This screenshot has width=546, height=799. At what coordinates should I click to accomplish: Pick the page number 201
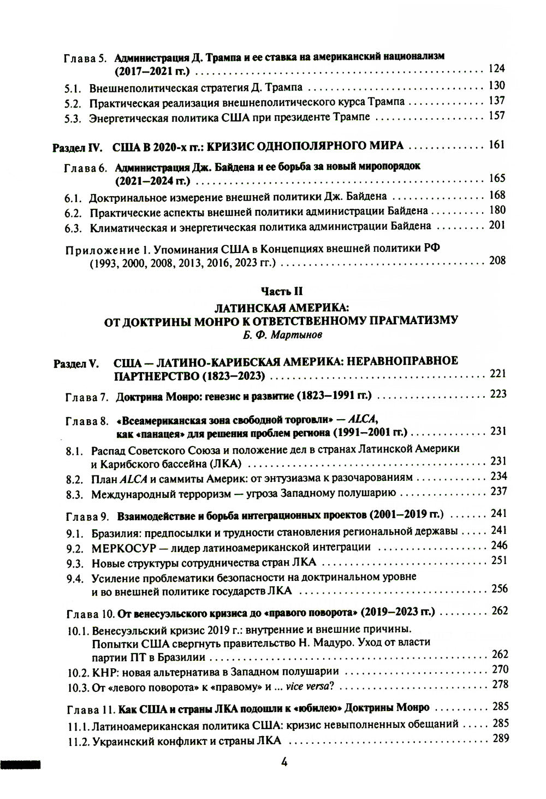[497, 225]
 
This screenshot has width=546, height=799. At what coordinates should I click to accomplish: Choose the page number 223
[498, 394]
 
